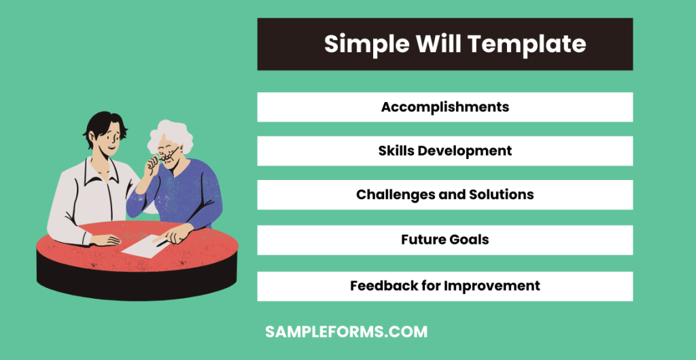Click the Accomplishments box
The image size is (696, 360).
tap(445, 107)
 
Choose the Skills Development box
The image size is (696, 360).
tap(445, 151)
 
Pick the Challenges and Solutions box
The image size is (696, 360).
tap(445, 195)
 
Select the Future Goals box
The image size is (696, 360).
tap(445, 240)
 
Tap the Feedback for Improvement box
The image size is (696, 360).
tap(445, 286)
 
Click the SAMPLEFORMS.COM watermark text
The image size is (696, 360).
tap(346, 332)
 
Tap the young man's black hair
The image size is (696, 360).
tap(105, 124)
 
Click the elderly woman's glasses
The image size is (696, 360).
tap(170, 154)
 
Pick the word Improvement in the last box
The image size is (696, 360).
tap(492, 286)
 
